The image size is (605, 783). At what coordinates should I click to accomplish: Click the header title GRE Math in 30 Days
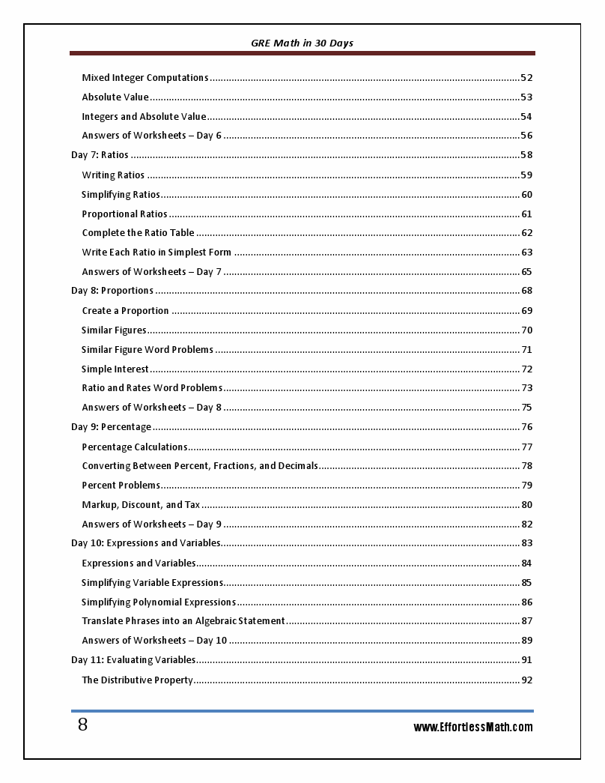click(x=302, y=43)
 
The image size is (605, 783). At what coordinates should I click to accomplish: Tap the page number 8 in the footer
click(x=82, y=725)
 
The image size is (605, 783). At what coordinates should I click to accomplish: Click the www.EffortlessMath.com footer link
click(x=473, y=727)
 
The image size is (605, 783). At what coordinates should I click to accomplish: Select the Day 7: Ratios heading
click(x=100, y=155)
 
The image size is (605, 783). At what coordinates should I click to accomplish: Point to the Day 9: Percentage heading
click(x=111, y=427)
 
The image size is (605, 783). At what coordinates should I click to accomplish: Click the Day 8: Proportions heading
click(x=112, y=291)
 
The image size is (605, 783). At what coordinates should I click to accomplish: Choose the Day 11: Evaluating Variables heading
click(x=133, y=660)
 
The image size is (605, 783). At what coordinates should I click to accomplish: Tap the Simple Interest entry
click(x=115, y=369)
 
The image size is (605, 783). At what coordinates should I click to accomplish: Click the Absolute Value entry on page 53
click(x=115, y=97)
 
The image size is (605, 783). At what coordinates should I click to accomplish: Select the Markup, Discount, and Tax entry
click(x=141, y=505)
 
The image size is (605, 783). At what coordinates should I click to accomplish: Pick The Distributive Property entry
click(x=137, y=680)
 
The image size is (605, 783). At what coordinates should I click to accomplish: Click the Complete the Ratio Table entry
click(x=138, y=233)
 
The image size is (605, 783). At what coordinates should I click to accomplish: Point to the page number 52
click(x=526, y=78)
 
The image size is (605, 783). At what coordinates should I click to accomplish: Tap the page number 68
click(x=526, y=291)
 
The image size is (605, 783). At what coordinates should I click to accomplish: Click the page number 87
click(x=526, y=621)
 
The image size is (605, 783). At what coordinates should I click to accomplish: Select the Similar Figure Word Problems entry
click(x=148, y=350)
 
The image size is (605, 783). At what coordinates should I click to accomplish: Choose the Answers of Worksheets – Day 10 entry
click(x=154, y=641)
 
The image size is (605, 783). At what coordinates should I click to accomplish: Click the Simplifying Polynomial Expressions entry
click(x=159, y=602)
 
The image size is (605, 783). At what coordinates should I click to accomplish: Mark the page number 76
click(x=526, y=427)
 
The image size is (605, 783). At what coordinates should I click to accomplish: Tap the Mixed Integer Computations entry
click(x=145, y=78)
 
